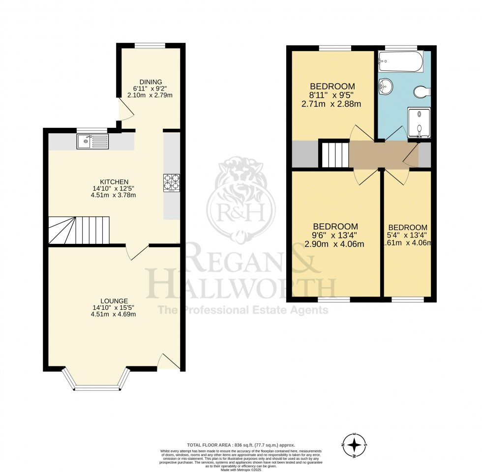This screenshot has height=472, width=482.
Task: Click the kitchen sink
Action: coord(92,142)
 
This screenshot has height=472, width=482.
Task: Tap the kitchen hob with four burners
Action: coord(172,182)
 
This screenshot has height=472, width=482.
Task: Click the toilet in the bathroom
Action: coord(422,91)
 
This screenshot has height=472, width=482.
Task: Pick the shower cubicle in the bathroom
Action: coord(419,122)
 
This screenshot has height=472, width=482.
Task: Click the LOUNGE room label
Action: coord(114,301)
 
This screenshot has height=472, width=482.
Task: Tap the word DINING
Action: coord(151,82)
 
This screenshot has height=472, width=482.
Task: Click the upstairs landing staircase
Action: coord(334,154)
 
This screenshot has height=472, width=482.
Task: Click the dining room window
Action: coord(151,46)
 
